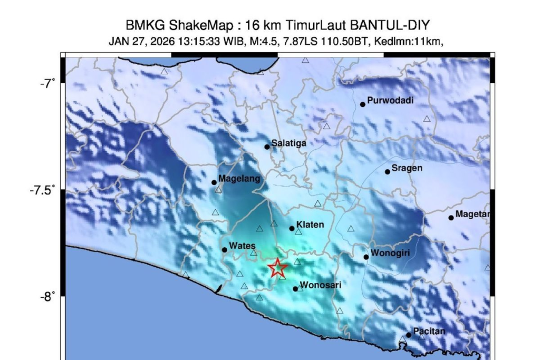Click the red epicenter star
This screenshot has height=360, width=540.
(278, 268)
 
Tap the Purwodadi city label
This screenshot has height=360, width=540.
(390, 100)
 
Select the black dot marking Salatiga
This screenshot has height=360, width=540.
(267, 147)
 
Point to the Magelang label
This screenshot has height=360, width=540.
(239, 179)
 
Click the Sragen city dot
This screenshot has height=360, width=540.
(388, 172)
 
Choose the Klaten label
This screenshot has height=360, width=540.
(310, 225)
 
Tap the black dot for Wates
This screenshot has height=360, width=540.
(225, 250)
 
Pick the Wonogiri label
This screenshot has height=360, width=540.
(390, 252)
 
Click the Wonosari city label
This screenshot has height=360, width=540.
(320, 285)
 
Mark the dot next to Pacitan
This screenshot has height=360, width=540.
(409, 335)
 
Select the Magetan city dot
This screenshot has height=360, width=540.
(451, 218)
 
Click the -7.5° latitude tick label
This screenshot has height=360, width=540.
(42, 190)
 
